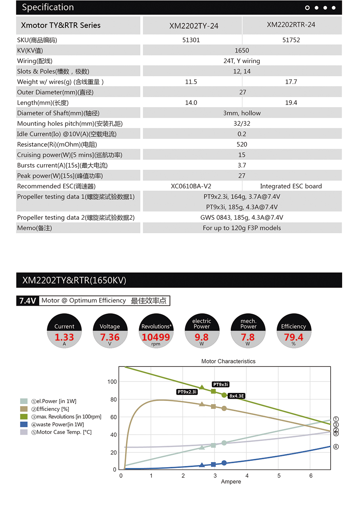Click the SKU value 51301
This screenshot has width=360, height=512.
point(191,40)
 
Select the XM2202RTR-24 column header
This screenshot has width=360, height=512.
point(291,25)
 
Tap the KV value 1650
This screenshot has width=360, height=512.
point(242,50)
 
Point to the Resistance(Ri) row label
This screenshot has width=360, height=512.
point(57,144)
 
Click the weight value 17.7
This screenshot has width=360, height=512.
point(291,82)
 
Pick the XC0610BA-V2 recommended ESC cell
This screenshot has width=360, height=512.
point(191,186)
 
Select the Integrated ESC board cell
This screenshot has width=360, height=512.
point(291,186)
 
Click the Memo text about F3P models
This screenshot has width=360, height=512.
point(242,228)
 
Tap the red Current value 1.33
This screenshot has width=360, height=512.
point(64,337)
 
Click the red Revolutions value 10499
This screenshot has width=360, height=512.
point(156,337)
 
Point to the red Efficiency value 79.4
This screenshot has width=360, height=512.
point(293,337)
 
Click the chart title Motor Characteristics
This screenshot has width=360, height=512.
point(228,361)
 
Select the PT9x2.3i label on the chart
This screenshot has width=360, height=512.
point(187,392)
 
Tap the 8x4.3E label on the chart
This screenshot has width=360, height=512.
point(237,396)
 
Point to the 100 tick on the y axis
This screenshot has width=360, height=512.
point(112,382)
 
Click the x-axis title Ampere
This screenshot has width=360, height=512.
point(231,481)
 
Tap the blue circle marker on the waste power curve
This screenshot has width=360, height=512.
point(224,463)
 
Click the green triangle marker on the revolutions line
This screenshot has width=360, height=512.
point(202,387)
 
